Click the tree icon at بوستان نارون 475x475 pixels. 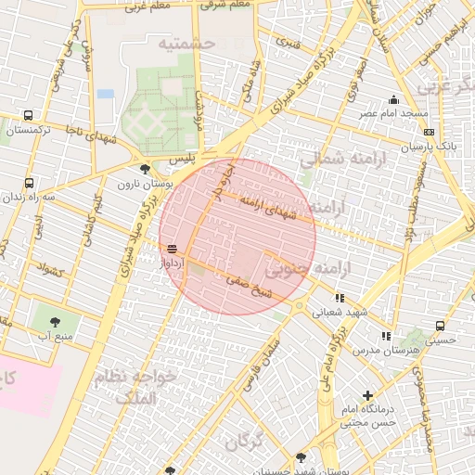point(144,168)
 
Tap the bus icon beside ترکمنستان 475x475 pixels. point(28,116)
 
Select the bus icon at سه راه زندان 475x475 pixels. point(29,183)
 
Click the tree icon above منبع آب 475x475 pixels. point(55,322)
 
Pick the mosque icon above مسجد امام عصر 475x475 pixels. point(394,99)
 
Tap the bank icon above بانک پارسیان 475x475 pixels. point(429,132)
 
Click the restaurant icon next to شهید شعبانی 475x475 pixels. point(340,298)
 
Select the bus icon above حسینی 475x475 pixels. point(440,326)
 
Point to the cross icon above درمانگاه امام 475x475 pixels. point(368,395)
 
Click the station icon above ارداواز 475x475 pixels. point(172,249)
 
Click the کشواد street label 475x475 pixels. point(49,271)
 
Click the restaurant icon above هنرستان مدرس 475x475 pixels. point(386,336)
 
